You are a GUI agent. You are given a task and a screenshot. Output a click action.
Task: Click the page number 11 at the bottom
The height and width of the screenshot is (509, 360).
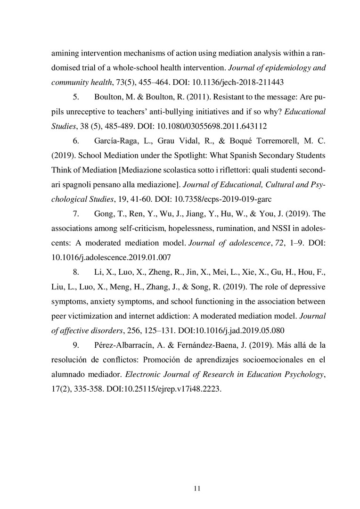197,488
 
